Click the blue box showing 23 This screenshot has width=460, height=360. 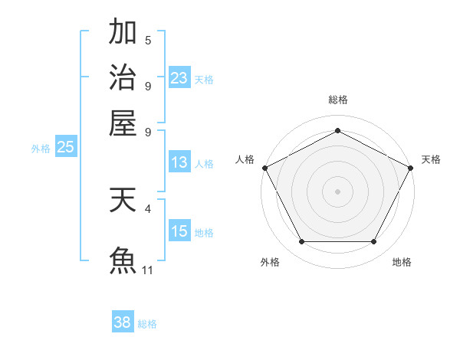click(x=179, y=77)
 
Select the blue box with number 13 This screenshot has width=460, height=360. click(x=179, y=162)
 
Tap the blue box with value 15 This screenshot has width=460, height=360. click(x=179, y=231)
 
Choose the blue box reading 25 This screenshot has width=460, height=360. click(x=65, y=148)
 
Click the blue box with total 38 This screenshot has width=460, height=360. click(x=123, y=322)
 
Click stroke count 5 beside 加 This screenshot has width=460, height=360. click(x=148, y=40)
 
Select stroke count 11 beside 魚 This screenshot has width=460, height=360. click(x=148, y=270)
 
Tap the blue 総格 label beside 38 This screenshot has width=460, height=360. click(x=147, y=324)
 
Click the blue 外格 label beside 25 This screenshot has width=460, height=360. click(x=41, y=149)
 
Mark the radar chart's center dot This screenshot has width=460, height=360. click(x=337, y=190)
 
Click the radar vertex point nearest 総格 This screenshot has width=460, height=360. click(x=337, y=130)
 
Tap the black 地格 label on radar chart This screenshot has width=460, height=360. click(x=402, y=262)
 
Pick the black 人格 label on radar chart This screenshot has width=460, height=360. click(x=245, y=159)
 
